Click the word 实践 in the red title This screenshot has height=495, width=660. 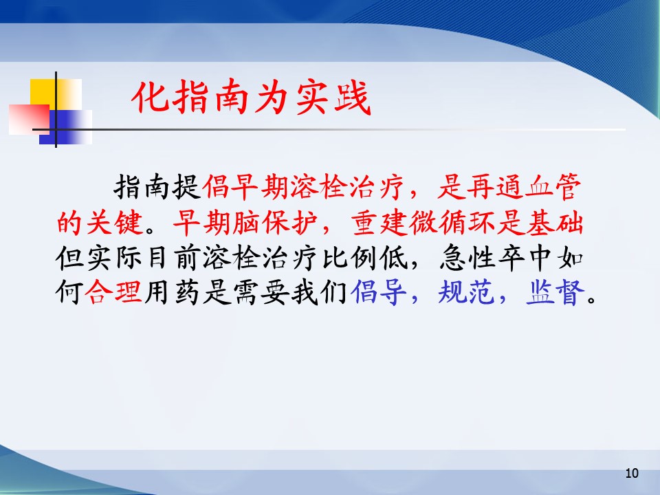tap(333, 98)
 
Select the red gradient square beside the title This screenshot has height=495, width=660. tap(29, 120)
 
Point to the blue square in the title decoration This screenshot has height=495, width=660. tap(65, 127)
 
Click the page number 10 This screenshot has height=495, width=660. tap(632, 473)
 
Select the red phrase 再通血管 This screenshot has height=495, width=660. tap(524, 187)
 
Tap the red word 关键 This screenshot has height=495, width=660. tap(115, 223)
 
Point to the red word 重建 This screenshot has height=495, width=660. tap(380, 223)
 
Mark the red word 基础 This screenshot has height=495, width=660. tap(554, 223)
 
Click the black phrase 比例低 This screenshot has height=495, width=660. tap(365, 258)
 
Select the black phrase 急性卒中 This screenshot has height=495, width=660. tap(496, 258)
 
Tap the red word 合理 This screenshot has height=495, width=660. tap(113, 292)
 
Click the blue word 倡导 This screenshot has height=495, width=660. tap(378, 292)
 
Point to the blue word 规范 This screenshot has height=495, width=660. tap(466, 292)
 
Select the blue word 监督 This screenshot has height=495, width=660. tap(555, 292)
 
